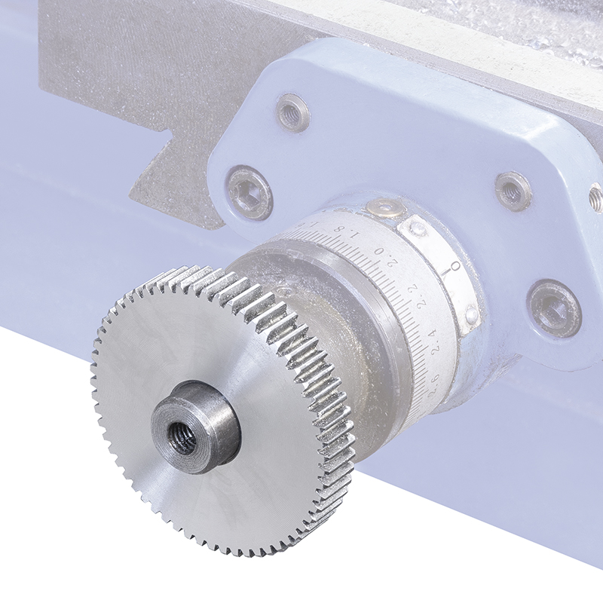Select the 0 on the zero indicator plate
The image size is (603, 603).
pos(455,268)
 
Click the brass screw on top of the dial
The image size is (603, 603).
pos(385,207)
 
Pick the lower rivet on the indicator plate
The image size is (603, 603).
pos(471,315)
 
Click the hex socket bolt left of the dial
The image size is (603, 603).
pos(249,192)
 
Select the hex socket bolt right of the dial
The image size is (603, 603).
pos(555,308)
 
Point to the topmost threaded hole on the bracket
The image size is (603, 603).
pos(293,112)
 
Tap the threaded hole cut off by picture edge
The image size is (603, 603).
pos(596,198)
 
